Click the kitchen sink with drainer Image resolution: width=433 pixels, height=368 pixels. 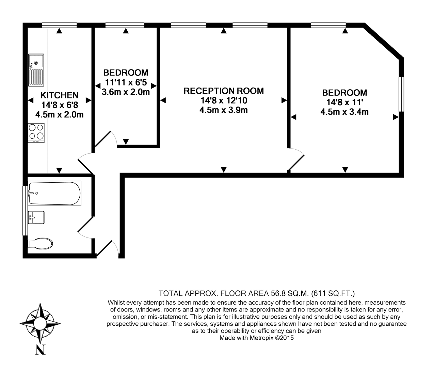(x=36, y=70)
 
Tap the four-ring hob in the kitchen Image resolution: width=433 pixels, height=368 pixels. (x=36, y=132)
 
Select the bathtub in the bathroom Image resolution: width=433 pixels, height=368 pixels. (x=54, y=193)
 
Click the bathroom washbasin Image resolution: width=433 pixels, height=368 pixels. (x=36, y=217)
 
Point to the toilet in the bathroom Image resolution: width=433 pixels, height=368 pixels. (x=40, y=243)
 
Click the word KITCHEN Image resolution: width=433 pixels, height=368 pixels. (x=60, y=95)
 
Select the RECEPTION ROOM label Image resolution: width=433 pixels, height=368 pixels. (x=223, y=91)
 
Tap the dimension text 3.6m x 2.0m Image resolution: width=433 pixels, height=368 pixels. (x=126, y=92)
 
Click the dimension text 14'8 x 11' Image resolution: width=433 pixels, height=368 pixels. (x=344, y=102)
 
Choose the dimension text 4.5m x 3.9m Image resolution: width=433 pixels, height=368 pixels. (x=223, y=110)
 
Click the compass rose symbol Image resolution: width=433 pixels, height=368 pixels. (x=40, y=322)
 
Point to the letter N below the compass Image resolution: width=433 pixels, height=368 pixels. (x=41, y=350)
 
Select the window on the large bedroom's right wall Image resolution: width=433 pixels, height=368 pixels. (x=401, y=94)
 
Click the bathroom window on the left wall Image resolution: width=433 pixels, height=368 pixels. (x=25, y=210)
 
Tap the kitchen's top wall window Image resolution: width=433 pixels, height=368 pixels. (x=59, y=25)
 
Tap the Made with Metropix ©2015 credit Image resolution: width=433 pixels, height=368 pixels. (x=256, y=338)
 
